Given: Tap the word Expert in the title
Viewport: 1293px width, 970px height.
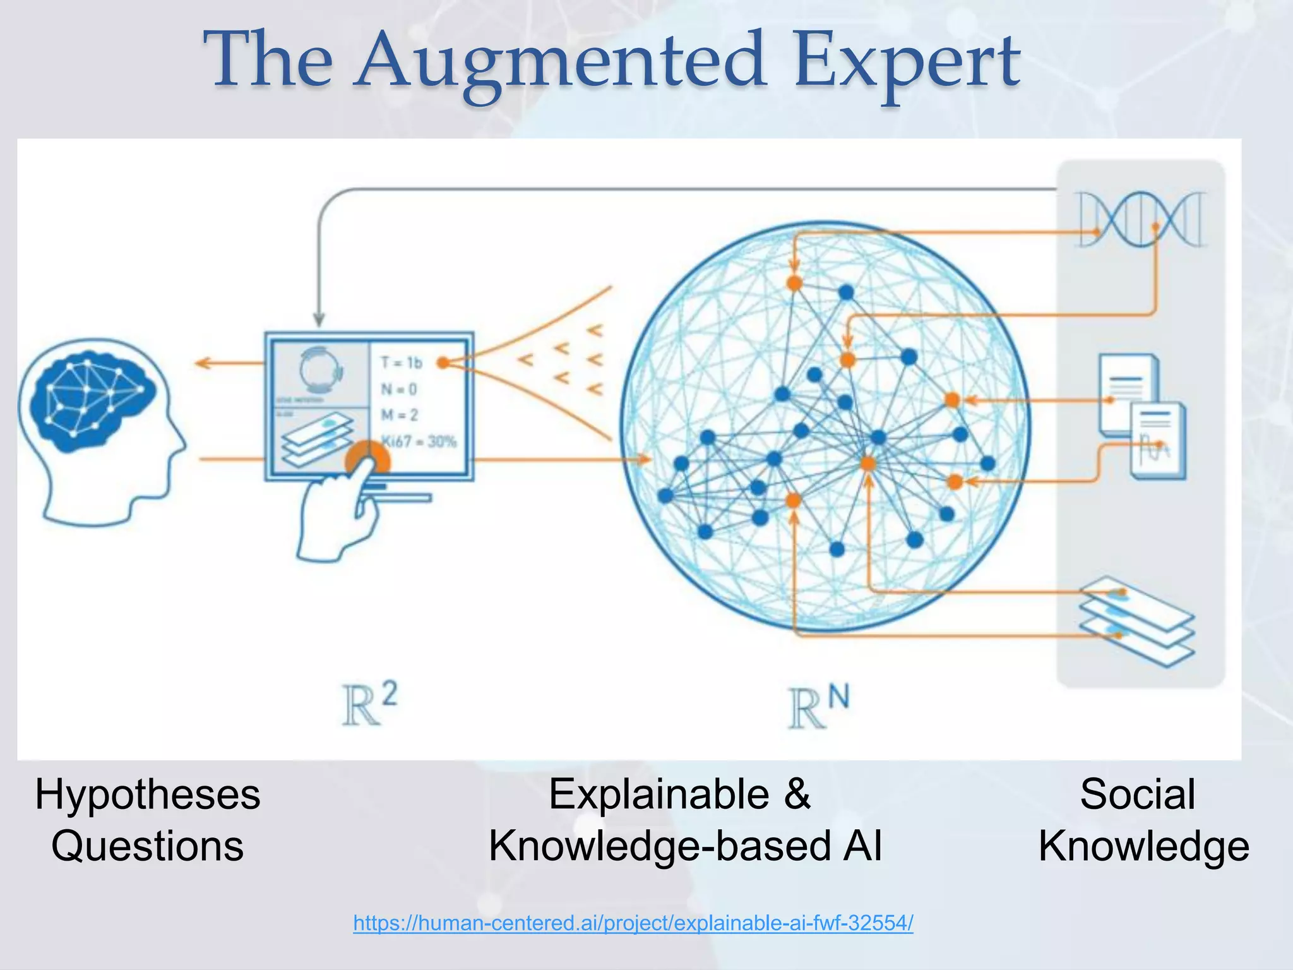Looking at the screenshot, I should click(907, 63).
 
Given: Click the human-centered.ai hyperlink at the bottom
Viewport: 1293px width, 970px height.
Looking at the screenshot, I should click(633, 923).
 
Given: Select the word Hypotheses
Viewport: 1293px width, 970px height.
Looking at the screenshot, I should click(148, 794).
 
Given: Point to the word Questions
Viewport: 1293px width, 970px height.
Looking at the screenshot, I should click(148, 846).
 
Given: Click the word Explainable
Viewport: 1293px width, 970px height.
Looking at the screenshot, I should click(659, 794).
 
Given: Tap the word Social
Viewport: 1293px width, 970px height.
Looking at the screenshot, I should click(1138, 794).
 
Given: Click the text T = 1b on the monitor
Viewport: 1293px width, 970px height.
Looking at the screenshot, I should click(402, 362).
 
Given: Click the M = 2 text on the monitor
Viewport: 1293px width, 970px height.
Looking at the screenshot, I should click(400, 415).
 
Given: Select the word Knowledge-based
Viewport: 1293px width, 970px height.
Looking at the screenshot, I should click(659, 846).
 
